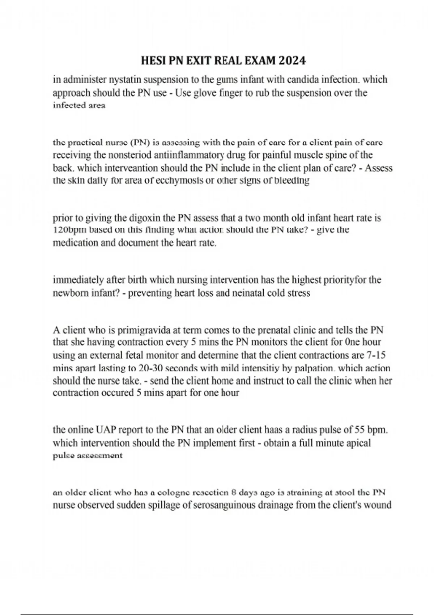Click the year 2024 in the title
coord(293,60)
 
